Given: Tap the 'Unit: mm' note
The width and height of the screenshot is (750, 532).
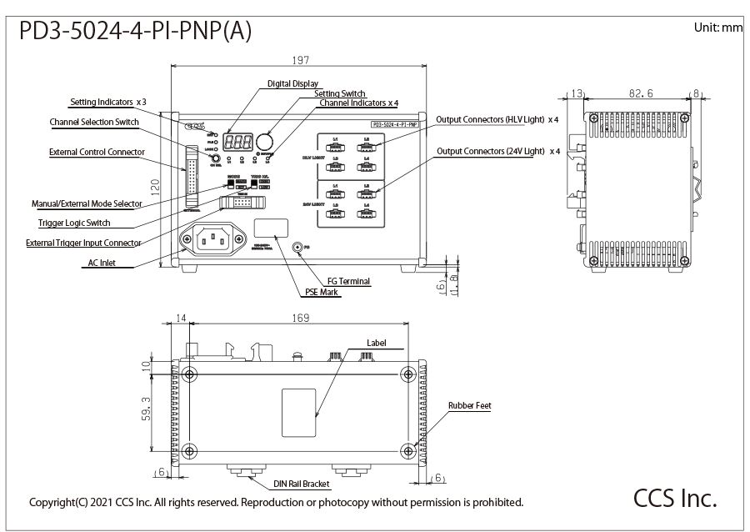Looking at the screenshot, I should pos(717,28).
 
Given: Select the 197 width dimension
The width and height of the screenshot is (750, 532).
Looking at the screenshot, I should pos(301,60).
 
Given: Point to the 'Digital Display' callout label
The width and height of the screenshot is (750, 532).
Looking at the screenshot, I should pos(293,83).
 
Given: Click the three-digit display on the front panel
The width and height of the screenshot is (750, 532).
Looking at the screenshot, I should pos(239,143).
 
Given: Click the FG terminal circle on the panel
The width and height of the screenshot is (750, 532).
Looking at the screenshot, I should pos(298,247).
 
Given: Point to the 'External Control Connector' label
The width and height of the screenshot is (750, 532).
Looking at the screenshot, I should pos(97,152).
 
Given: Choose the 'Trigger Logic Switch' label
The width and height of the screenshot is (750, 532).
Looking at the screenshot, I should pos(74,223).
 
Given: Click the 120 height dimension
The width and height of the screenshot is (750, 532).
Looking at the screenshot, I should pos(155,191).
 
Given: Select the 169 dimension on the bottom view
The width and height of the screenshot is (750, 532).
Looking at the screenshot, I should pos(301,318).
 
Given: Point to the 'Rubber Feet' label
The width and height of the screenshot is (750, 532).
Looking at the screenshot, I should pos(470,406).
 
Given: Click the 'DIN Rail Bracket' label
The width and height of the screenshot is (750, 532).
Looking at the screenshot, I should pos(302,484).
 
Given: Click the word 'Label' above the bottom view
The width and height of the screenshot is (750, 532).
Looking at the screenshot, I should pos(377,343).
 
